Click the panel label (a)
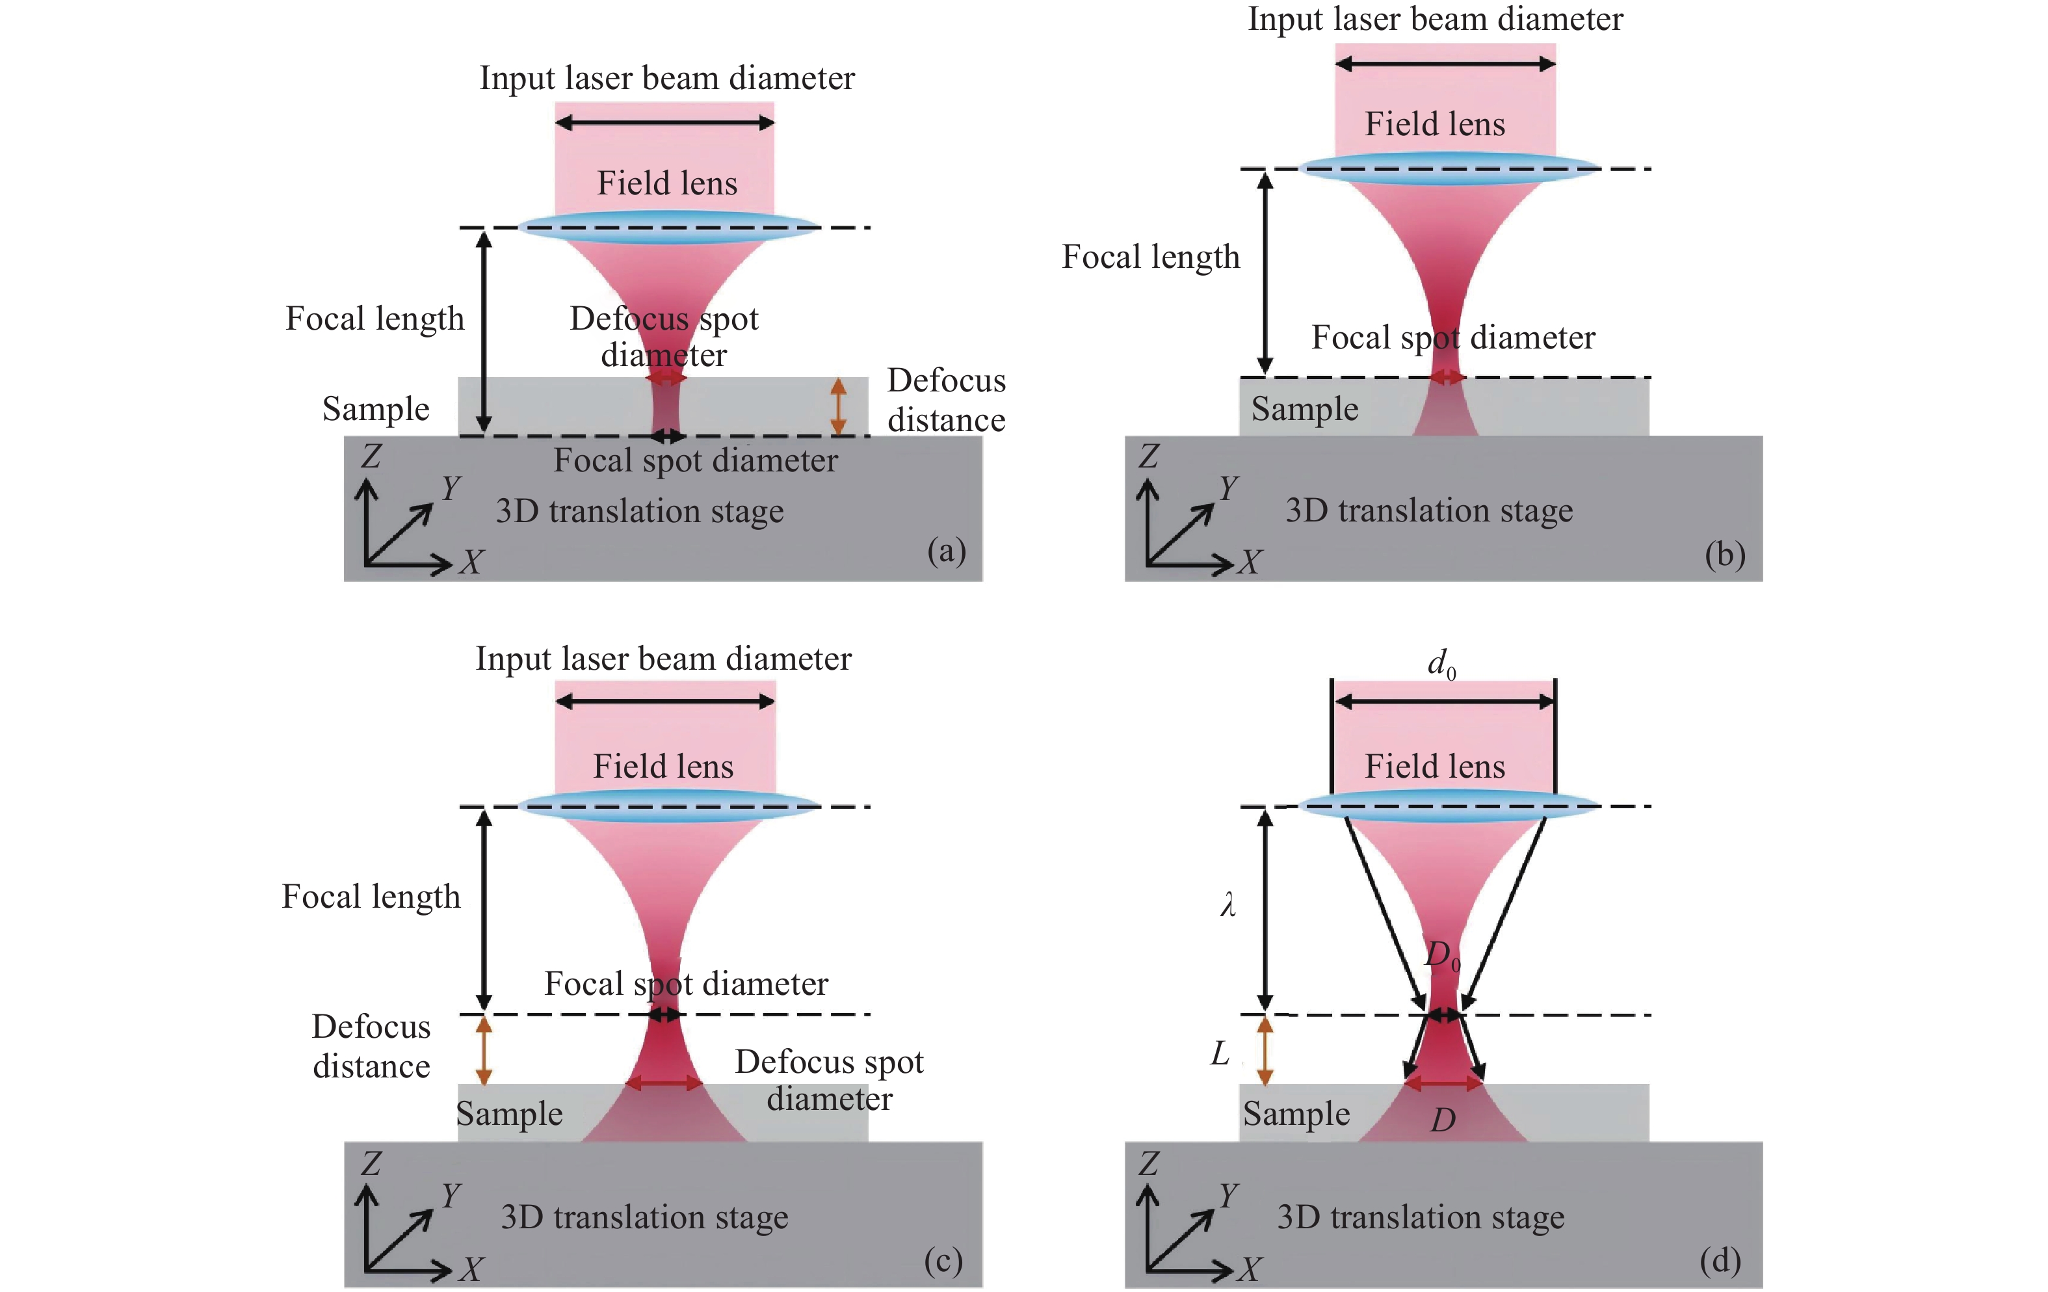pyautogui.click(x=946, y=551)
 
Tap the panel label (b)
pyautogui.click(x=1725, y=555)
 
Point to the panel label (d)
pyautogui.click(x=1720, y=1261)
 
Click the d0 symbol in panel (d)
pyautogui.click(x=1441, y=663)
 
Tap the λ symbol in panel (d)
pyautogui.click(x=1227, y=904)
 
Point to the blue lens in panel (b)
pyautogui.click(x=1449, y=168)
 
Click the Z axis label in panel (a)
pyautogui.click(x=370, y=456)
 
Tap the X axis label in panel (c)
pyautogui.click(x=471, y=1270)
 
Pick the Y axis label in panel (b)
pyautogui.click(x=1228, y=488)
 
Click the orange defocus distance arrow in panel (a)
pyautogui.click(x=839, y=406)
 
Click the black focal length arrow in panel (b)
pyautogui.click(x=1266, y=272)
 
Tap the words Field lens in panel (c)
pyautogui.click(x=663, y=767)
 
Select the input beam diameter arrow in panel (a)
pyautogui.click(x=664, y=124)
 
